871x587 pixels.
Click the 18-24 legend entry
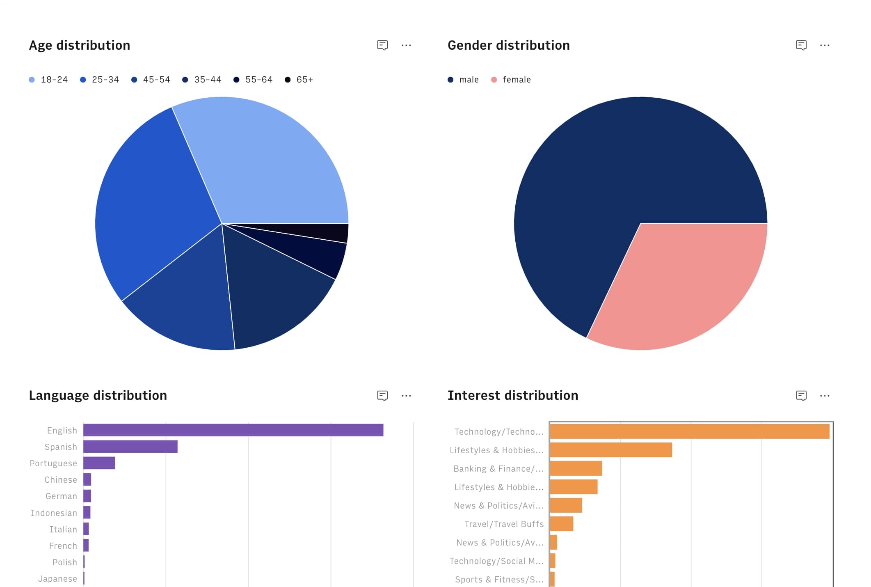[48, 80]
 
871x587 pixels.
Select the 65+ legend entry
[299, 80]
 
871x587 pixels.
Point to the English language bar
[233, 430]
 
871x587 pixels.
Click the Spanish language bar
[130, 447]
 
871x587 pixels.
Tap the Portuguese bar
[99, 463]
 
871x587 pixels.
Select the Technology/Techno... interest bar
[689, 431]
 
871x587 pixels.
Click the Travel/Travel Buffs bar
[561, 524]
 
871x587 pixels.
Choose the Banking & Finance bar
[576, 468]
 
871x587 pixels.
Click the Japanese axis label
[57, 579]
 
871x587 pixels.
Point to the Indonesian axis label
[54, 513]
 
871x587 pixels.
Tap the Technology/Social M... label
[496, 561]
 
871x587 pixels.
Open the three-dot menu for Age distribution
[406, 45]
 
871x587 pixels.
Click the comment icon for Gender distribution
[801, 45]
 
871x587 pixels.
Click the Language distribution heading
[98, 395]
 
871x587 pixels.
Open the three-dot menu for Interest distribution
[825, 396]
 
